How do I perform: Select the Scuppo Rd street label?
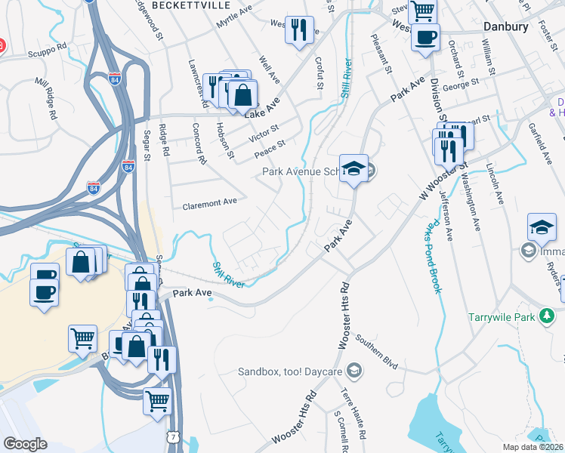tap(48, 45)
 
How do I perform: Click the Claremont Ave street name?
tap(210, 203)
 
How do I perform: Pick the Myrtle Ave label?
tap(233, 17)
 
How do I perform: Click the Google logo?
tap(25, 444)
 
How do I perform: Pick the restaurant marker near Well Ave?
tap(299, 30)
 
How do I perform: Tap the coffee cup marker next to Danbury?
tap(425, 37)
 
